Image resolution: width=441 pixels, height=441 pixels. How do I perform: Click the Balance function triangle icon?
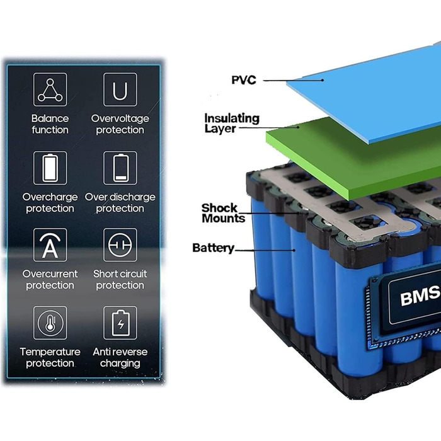click(50, 90)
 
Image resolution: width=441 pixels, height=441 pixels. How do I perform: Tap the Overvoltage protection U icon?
click(120, 90)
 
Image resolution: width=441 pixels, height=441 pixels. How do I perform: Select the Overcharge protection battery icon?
click(50, 168)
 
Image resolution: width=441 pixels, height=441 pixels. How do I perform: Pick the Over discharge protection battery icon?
click(120, 168)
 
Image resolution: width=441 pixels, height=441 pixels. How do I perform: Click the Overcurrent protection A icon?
click(50, 246)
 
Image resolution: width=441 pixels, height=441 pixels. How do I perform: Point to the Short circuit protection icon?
click(120, 246)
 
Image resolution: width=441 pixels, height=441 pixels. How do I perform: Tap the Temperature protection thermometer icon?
click(50, 323)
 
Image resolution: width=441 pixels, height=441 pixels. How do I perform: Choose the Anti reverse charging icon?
click(120, 323)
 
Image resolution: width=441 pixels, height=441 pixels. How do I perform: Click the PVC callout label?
click(243, 80)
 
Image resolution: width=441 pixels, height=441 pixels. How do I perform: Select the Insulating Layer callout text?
click(223, 123)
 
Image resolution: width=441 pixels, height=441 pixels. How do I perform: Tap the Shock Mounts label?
click(223, 213)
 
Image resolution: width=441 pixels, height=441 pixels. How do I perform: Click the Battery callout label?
click(213, 248)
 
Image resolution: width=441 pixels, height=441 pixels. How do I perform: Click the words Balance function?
click(50, 124)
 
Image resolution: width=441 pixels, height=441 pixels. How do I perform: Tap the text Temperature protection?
click(50, 357)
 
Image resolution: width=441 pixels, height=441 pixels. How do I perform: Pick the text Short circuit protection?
click(120, 280)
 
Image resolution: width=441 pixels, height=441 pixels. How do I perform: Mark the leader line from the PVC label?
click(293, 80)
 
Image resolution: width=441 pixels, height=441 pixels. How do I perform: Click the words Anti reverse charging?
click(120, 357)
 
